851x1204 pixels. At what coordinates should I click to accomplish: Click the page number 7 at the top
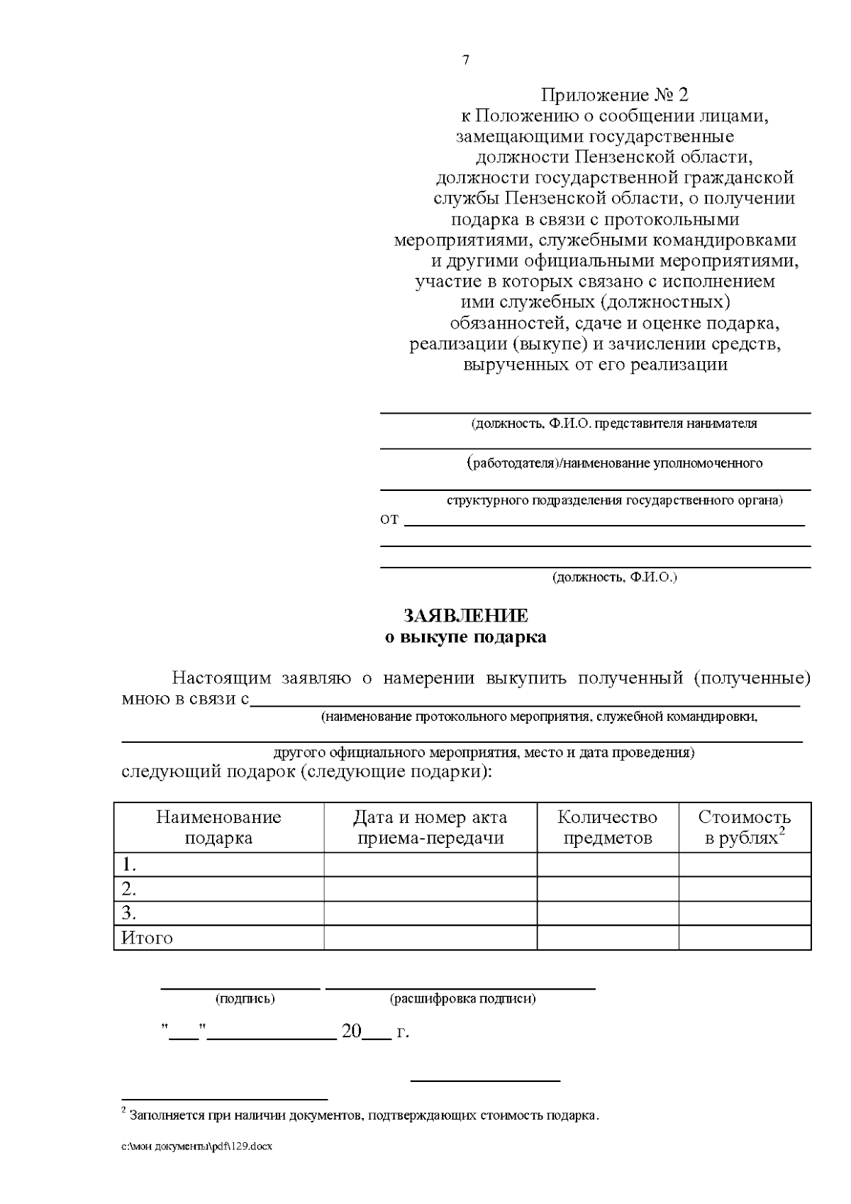pos(465,60)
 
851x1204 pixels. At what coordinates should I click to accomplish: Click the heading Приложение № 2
pos(614,94)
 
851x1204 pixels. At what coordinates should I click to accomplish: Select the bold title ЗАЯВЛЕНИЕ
pos(465,615)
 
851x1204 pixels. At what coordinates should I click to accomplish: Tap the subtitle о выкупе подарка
pos(465,637)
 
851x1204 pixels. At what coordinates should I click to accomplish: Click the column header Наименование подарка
pos(218,827)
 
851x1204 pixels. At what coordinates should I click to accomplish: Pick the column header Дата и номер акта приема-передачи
pos(430,827)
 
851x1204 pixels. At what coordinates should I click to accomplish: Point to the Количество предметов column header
pos(607,827)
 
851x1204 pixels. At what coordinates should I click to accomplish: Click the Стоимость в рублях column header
pos(744,827)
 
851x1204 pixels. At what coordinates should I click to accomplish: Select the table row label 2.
pos(129,889)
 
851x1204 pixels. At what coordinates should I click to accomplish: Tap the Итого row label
pos(148,938)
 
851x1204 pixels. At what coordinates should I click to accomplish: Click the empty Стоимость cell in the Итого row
pos(744,938)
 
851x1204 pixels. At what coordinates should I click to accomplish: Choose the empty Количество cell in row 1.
pos(607,865)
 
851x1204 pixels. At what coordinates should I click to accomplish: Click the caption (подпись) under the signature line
pos(245,999)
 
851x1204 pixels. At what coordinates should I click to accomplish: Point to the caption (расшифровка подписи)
pos(462,999)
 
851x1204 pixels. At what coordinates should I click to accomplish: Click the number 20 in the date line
pos(352,1032)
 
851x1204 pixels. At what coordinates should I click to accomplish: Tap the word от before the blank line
pos(390,519)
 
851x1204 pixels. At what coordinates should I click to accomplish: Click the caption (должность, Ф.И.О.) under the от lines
pos(615,577)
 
